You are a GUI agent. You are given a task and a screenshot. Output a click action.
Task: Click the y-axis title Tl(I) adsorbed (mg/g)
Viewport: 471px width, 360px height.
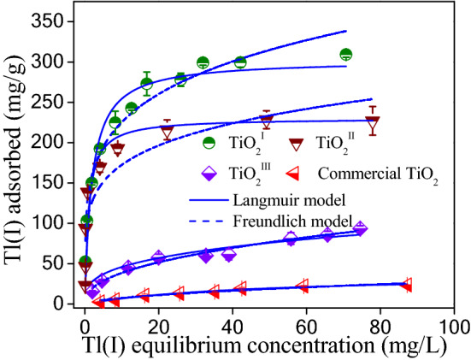[18, 162]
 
